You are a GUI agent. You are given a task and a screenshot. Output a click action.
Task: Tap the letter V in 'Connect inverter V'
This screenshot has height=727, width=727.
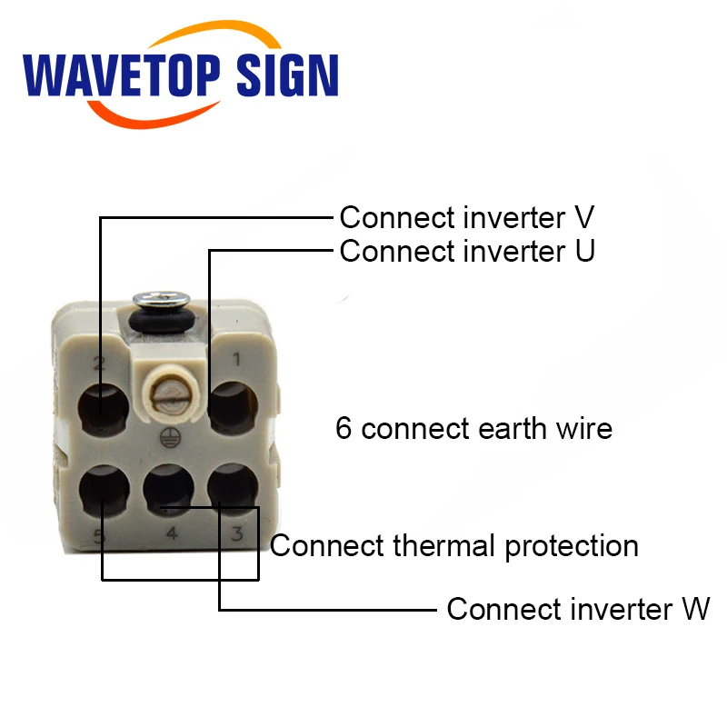(584, 218)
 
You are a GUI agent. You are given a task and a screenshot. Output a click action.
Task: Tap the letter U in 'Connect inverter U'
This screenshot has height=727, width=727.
(584, 251)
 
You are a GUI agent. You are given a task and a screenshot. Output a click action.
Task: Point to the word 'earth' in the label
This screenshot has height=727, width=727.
(524, 428)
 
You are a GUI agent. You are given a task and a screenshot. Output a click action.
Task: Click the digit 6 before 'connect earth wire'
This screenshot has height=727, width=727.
(344, 428)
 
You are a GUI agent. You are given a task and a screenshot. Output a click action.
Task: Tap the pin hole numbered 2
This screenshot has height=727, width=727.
(103, 408)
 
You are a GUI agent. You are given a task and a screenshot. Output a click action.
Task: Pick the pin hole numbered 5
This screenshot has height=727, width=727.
(103, 489)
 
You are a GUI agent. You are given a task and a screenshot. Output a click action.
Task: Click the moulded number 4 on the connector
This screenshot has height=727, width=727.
(170, 534)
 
